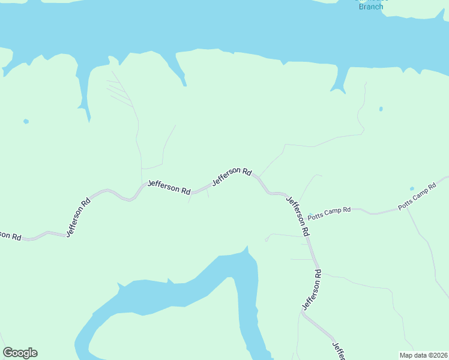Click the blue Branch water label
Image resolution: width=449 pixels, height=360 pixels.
370,6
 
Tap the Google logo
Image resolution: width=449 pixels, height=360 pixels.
20,353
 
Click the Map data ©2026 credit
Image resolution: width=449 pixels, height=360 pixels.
423,355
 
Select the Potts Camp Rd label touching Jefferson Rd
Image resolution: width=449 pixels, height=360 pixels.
328,213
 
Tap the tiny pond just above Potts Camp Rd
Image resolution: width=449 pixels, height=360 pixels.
412,188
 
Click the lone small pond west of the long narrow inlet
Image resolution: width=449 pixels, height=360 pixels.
26,121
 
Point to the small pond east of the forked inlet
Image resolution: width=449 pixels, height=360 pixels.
381,109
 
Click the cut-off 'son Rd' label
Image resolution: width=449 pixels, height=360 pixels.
10,235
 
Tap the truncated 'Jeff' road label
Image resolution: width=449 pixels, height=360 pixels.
338,350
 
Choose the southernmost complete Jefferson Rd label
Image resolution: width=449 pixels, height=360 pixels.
312,290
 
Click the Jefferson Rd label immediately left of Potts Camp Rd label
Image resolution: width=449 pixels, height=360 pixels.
298,215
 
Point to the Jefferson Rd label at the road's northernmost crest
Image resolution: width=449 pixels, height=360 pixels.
232,175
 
